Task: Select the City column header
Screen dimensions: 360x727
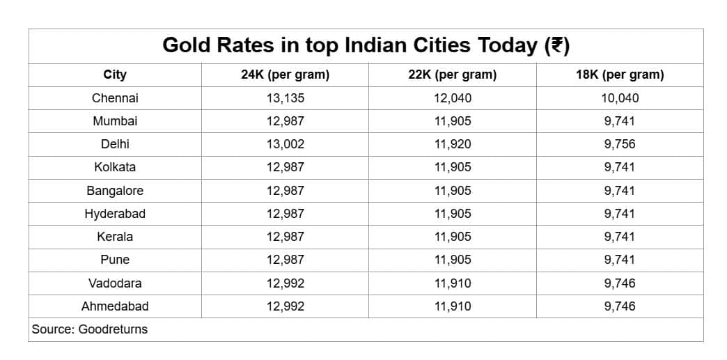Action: pos(115,75)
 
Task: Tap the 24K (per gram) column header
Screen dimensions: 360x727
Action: pos(285,75)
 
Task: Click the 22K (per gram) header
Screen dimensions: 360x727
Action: pos(452,75)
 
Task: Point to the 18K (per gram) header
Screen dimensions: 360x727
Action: pos(620,75)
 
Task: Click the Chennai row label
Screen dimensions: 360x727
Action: pos(115,98)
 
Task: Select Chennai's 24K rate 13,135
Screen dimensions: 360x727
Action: pos(285,98)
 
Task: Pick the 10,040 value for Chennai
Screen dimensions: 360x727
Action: pos(620,98)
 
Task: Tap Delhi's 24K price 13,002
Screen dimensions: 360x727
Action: pos(285,144)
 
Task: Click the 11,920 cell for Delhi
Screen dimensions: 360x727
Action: pos(452,144)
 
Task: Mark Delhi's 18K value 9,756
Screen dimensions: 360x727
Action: pos(620,144)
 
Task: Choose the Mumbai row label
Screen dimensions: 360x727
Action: pos(115,121)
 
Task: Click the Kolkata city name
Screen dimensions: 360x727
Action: pos(115,167)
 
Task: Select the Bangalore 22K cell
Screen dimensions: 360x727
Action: pos(452,191)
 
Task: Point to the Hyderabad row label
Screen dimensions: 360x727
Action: pos(115,214)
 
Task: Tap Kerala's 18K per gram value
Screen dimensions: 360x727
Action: pos(620,237)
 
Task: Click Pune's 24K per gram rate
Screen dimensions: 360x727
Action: pos(285,260)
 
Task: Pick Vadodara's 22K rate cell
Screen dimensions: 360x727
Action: pos(452,283)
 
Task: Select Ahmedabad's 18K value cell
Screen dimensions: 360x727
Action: pos(620,306)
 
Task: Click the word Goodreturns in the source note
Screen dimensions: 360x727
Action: pos(113,329)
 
